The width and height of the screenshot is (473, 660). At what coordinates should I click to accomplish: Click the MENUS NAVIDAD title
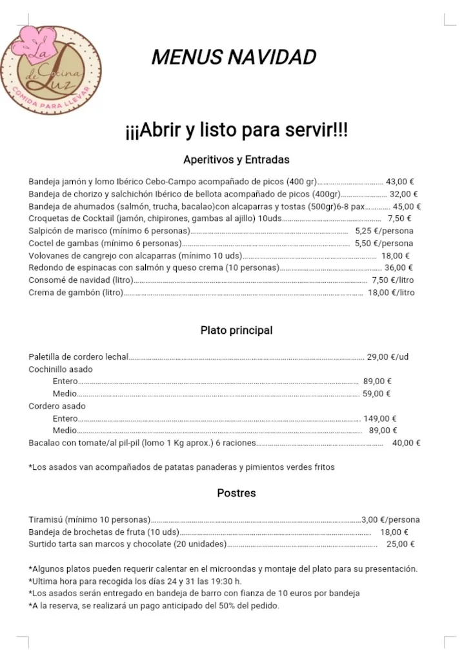[x=234, y=57]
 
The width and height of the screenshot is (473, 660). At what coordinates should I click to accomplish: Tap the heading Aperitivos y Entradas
[x=236, y=159]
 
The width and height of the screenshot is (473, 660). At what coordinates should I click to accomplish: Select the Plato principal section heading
[x=236, y=330]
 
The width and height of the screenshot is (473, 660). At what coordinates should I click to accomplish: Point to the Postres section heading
[x=236, y=493]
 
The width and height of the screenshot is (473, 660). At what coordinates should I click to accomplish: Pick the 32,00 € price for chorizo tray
[x=403, y=194]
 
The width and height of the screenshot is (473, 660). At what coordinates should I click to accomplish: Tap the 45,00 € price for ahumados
[x=407, y=206]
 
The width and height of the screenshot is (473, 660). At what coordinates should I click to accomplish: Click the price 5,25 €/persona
[x=384, y=231]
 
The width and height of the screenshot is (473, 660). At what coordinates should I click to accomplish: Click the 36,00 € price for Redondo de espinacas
[x=399, y=267]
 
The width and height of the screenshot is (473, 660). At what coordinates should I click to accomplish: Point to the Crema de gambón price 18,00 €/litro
[x=391, y=292]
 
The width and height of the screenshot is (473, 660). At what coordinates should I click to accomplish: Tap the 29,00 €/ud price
[x=388, y=356]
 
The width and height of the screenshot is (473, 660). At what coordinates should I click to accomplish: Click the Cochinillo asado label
[x=61, y=369]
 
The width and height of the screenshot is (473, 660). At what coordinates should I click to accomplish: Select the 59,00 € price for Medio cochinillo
[x=376, y=393]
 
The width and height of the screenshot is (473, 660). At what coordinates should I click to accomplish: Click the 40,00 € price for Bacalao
[x=406, y=443]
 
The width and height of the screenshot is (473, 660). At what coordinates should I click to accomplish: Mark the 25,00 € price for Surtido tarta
[x=400, y=544]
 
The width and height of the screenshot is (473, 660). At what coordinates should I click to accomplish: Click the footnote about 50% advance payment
[x=154, y=606]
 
